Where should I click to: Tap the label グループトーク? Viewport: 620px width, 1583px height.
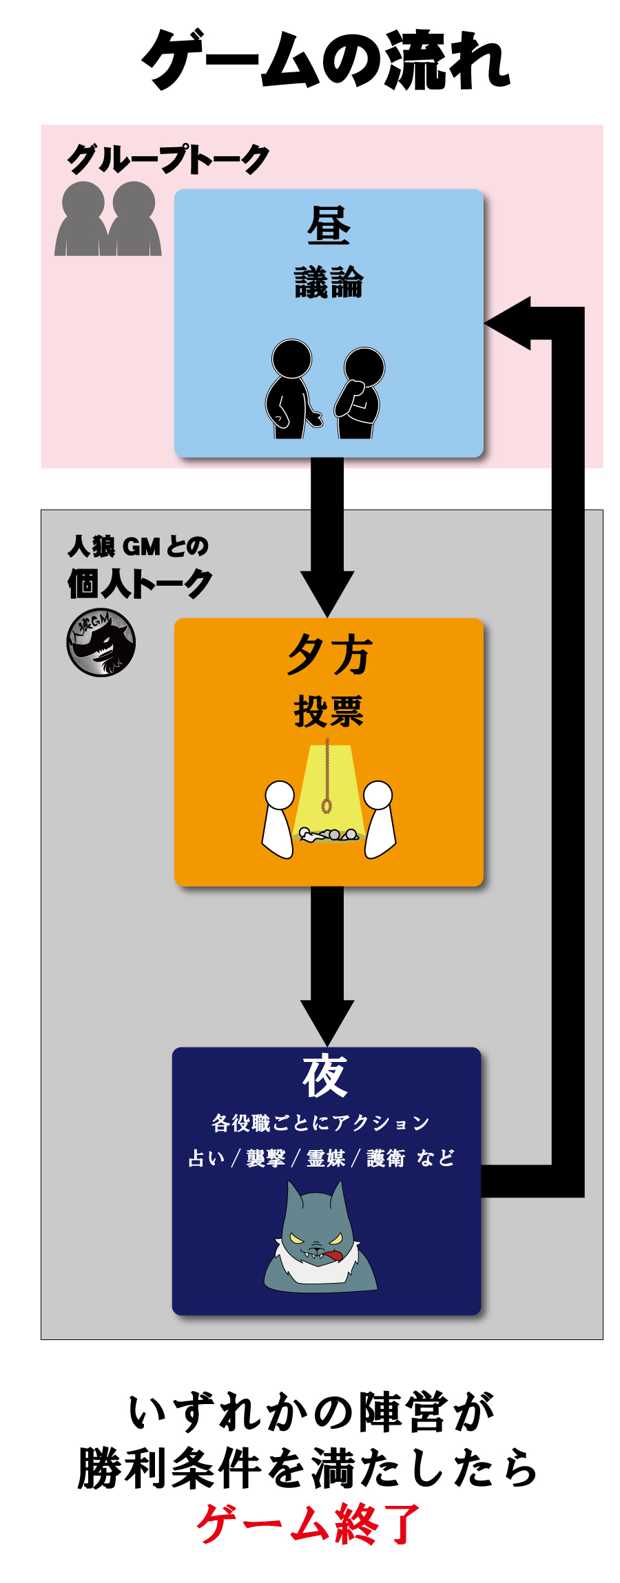pyautogui.click(x=167, y=160)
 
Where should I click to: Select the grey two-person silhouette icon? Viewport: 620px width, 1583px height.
pyautogui.click(x=108, y=220)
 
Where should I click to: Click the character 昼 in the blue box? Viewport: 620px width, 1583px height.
pyautogui.click(x=329, y=226)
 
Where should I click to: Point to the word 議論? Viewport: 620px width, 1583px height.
pyautogui.click(x=329, y=283)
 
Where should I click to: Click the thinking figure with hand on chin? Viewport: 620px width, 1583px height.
pyautogui.click(x=360, y=393)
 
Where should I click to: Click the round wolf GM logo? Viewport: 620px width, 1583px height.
pyautogui.click(x=101, y=643)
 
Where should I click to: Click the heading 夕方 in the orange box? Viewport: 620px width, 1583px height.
pyautogui.click(x=329, y=655)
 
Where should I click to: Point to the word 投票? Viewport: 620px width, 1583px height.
pyautogui.click(x=329, y=712)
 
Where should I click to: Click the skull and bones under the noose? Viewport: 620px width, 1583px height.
pyautogui.click(x=329, y=835)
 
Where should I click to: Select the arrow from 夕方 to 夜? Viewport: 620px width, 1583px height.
pyautogui.click(x=327, y=964)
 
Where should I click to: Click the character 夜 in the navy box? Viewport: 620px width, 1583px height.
pyautogui.click(x=325, y=1076)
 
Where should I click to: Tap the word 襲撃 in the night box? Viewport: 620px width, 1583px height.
pyautogui.click(x=266, y=1158)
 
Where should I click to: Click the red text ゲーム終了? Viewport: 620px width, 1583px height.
pyautogui.click(x=308, y=1524)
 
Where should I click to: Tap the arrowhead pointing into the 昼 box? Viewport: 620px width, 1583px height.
pyautogui.click(x=510, y=323)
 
